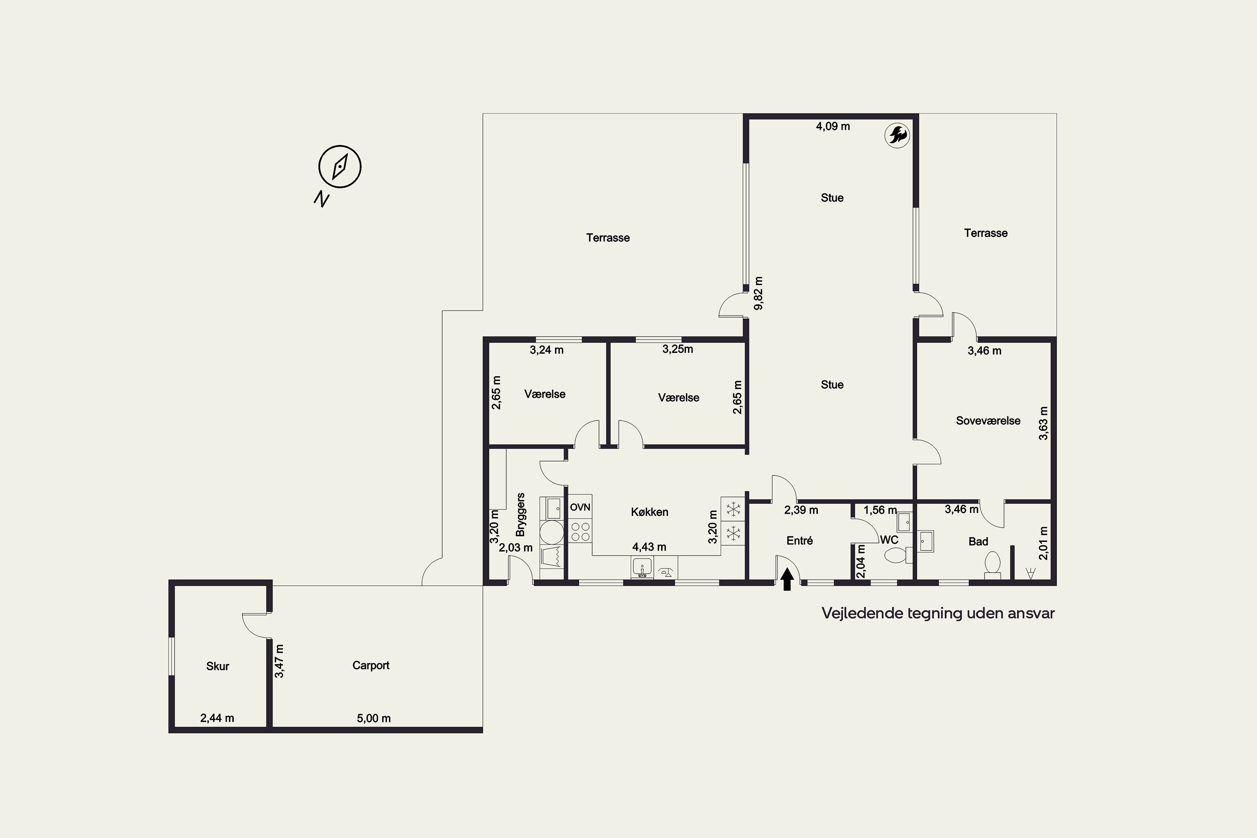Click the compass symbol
click(x=340, y=166)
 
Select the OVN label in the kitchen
click(x=580, y=507)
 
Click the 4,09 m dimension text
click(x=833, y=126)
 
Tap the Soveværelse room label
click(x=988, y=421)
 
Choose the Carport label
click(x=371, y=665)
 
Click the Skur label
click(x=217, y=666)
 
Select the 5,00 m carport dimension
click(x=374, y=718)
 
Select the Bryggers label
click(x=520, y=514)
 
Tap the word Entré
click(x=799, y=541)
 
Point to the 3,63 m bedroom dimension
click(x=1043, y=423)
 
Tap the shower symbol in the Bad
click(x=1031, y=574)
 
